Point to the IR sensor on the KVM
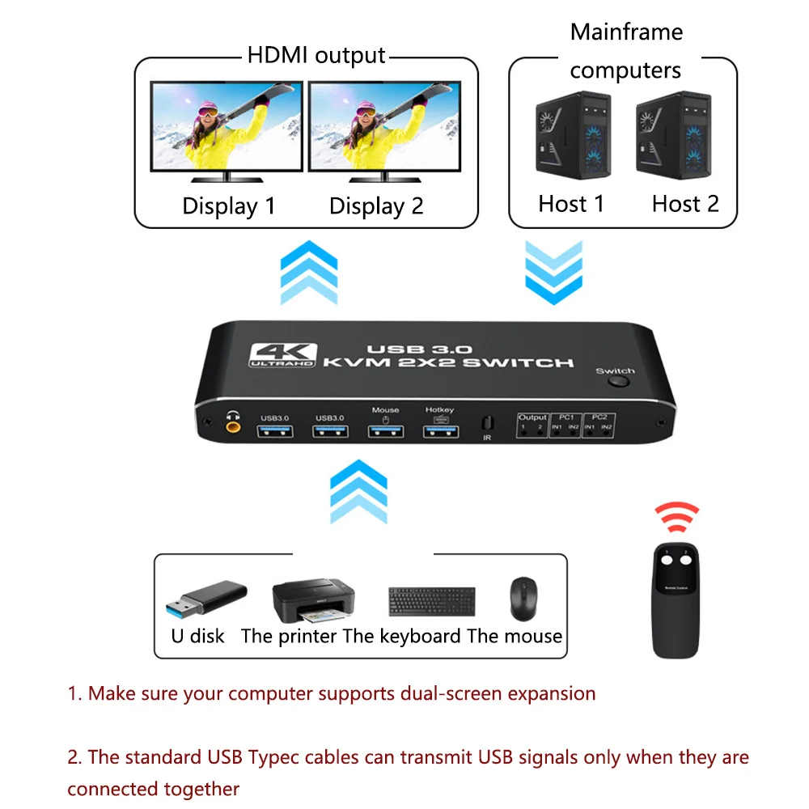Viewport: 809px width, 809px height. click(487, 424)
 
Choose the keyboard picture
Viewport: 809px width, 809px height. click(432, 603)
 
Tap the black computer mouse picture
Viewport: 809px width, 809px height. click(523, 599)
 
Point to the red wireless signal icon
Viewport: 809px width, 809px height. click(677, 516)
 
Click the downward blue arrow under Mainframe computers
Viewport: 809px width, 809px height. click(553, 272)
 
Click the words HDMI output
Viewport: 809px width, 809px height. click(316, 56)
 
